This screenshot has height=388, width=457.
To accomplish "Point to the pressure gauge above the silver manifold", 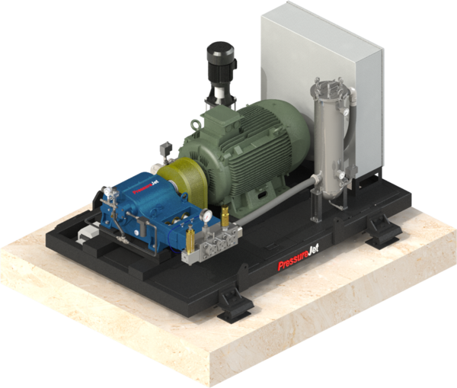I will [x=207, y=216].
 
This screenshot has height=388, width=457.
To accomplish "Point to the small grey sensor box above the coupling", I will [x=165, y=149].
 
